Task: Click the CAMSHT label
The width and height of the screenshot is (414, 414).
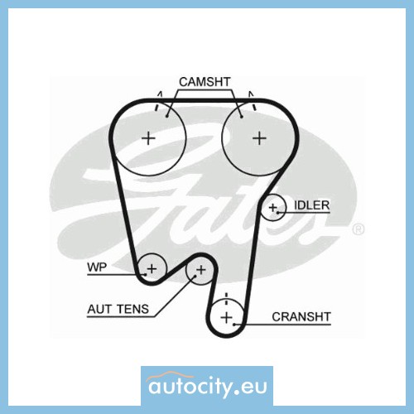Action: [205, 82]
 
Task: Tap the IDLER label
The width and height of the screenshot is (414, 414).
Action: [312, 205]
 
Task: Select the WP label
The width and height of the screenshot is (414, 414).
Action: [97, 267]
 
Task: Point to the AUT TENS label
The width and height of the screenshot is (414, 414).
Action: [118, 309]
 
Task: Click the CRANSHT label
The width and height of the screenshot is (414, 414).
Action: [301, 317]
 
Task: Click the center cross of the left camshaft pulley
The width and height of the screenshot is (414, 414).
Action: [148, 138]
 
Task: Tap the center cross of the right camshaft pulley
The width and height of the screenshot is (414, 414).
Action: [259, 138]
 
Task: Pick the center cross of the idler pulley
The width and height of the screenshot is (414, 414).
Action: [272, 208]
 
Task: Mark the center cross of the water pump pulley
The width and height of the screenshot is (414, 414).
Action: [152, 268]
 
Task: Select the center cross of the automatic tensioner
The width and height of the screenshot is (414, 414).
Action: [201, 270]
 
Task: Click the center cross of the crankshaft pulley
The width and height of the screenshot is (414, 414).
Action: [227, 317]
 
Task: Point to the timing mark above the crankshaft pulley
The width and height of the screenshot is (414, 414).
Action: [226, 299]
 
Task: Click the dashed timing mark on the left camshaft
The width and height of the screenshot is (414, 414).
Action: [158, 101]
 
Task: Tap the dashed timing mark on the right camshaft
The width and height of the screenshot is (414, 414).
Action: [253, 101]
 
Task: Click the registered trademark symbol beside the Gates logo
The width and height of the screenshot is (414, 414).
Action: [359, 229]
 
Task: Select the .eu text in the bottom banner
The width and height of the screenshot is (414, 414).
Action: [251, 387]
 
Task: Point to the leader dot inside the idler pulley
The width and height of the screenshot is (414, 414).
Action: [278, 213]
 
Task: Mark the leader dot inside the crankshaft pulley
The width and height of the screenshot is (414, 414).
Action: [234, 325]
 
